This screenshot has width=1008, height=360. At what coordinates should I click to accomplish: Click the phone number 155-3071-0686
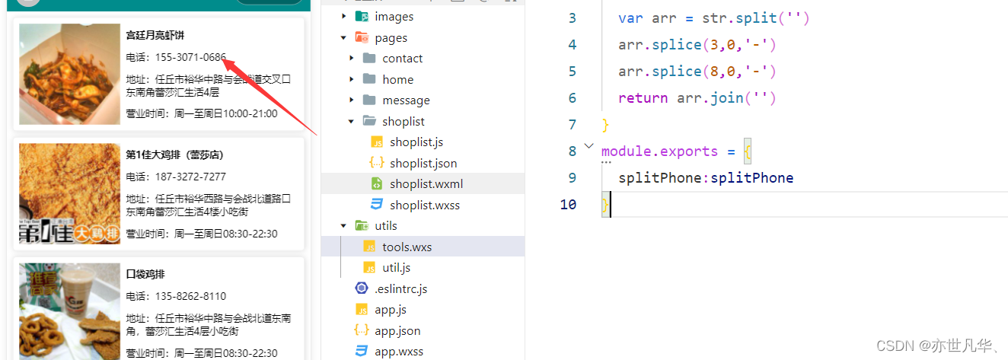click(x=190, y=57)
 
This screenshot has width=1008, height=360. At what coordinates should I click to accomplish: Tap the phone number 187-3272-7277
click(x=190, y=177)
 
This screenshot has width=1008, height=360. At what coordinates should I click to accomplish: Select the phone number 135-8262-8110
click(x=190, y=296)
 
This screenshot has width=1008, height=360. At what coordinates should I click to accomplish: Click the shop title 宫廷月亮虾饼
click(x=155, y=35)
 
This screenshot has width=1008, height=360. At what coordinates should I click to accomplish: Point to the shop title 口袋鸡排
click(x=145, y=274)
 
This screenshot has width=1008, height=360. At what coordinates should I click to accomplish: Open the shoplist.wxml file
click(x=426, y=183)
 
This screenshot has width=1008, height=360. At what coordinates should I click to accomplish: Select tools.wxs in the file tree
click(x=407, y=247)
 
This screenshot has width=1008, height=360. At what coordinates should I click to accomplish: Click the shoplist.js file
click(x=416, y=142)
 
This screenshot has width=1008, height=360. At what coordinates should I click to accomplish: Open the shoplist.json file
click(x=423, y=163)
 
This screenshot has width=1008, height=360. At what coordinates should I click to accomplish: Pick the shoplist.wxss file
click(x=425, y=205)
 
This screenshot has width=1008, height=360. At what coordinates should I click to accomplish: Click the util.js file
click(x=396, y=268)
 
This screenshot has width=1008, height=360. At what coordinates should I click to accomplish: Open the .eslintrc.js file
click(x=401, y=289)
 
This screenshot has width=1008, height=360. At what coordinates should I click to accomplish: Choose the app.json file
click(x=397, y=331)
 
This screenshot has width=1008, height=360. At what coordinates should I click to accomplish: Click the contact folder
click(x=402, y=59)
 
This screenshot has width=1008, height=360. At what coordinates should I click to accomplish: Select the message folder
click(x=406, y=100)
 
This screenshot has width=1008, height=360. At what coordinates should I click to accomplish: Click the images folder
click(x=394, y=17)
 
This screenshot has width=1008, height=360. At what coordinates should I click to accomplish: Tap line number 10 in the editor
click(x=568, y=204)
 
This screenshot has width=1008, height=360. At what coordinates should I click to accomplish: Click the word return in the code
click(x=643, y=98)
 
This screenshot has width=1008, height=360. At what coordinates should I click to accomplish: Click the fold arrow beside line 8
click(x=589, y=146)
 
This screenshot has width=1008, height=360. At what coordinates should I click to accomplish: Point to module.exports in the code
click(x=659, y=151)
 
